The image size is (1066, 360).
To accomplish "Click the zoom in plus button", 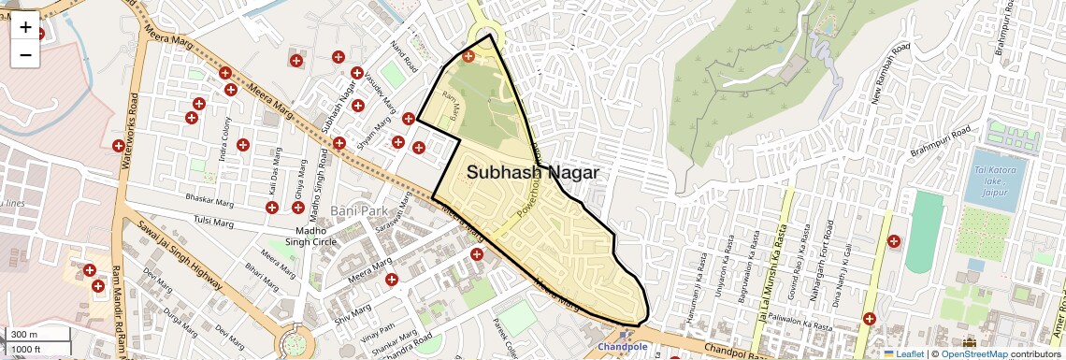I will click(x=25, y=27).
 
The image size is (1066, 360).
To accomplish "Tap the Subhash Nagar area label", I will click(x=532, y=173).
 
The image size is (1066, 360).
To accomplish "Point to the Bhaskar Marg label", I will click(x=209, y=199).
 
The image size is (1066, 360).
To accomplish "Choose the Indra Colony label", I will click(x=225, y=139).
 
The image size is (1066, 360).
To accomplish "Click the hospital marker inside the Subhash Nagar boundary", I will click(x=468, y=56).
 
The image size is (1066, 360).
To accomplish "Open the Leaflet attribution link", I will click(x=902, y=354).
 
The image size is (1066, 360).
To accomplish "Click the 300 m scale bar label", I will click(x=24, y=335).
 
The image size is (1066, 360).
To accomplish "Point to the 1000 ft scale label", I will click(x=26, y=349).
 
